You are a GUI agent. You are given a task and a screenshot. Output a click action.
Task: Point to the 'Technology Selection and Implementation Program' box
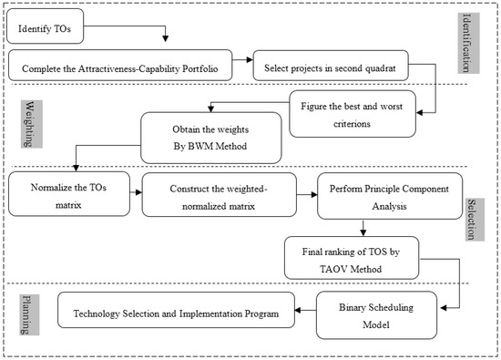pyautogui.click(x=176, y=311)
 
